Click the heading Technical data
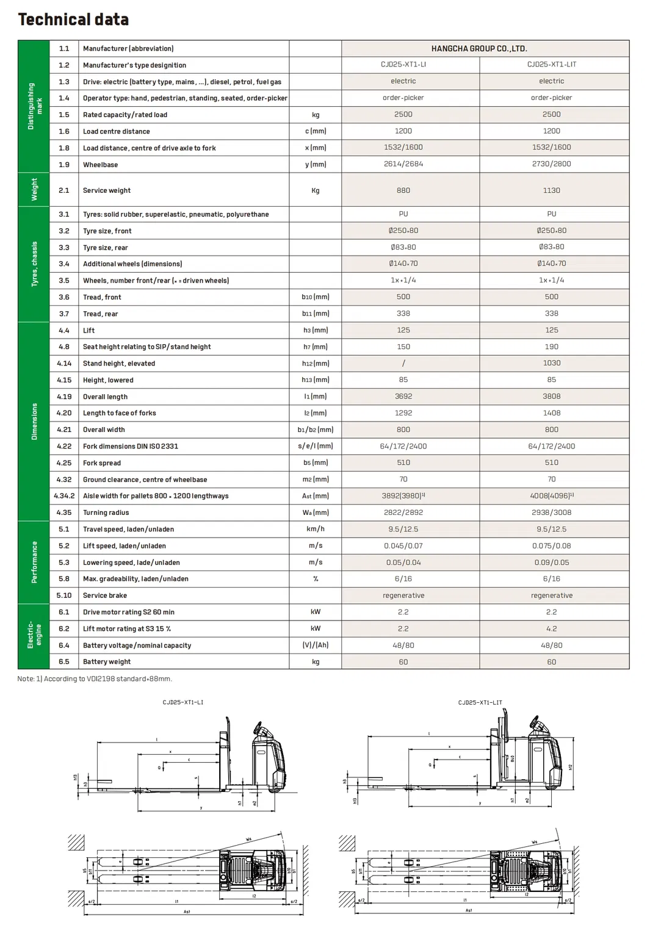pos(73,20)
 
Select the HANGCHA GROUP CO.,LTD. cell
pos(479,49)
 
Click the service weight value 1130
pos(551,190)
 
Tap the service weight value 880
pos(403,190)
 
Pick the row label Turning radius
pos(106,513)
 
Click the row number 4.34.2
pos(64,496)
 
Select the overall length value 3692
pos(403,396)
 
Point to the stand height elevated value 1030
pos(551,363)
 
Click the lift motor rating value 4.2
pos(551,628)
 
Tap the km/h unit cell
pos(315,529)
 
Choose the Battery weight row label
pos(107,661)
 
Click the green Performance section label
pos(34,562)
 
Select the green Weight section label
pos(34,189)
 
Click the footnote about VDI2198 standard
pos(95,678)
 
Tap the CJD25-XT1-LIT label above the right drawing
pos(480,702)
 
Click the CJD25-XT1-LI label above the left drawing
pos(183,702)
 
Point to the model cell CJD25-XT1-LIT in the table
pos(551,65)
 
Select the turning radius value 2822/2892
pos(403,513)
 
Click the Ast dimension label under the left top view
pos(187,912)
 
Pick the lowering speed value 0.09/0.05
pos(551,563)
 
